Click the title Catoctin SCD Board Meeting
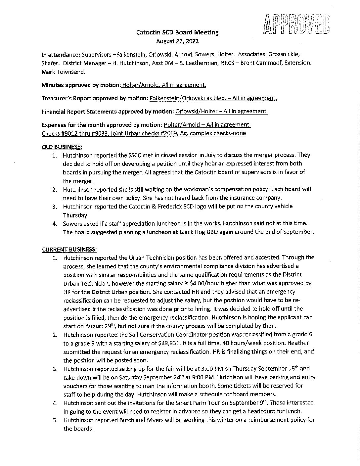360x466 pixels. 178,32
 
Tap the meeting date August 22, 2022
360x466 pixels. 178,41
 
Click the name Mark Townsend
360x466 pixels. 61,71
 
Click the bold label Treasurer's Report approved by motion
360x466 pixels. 95,98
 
